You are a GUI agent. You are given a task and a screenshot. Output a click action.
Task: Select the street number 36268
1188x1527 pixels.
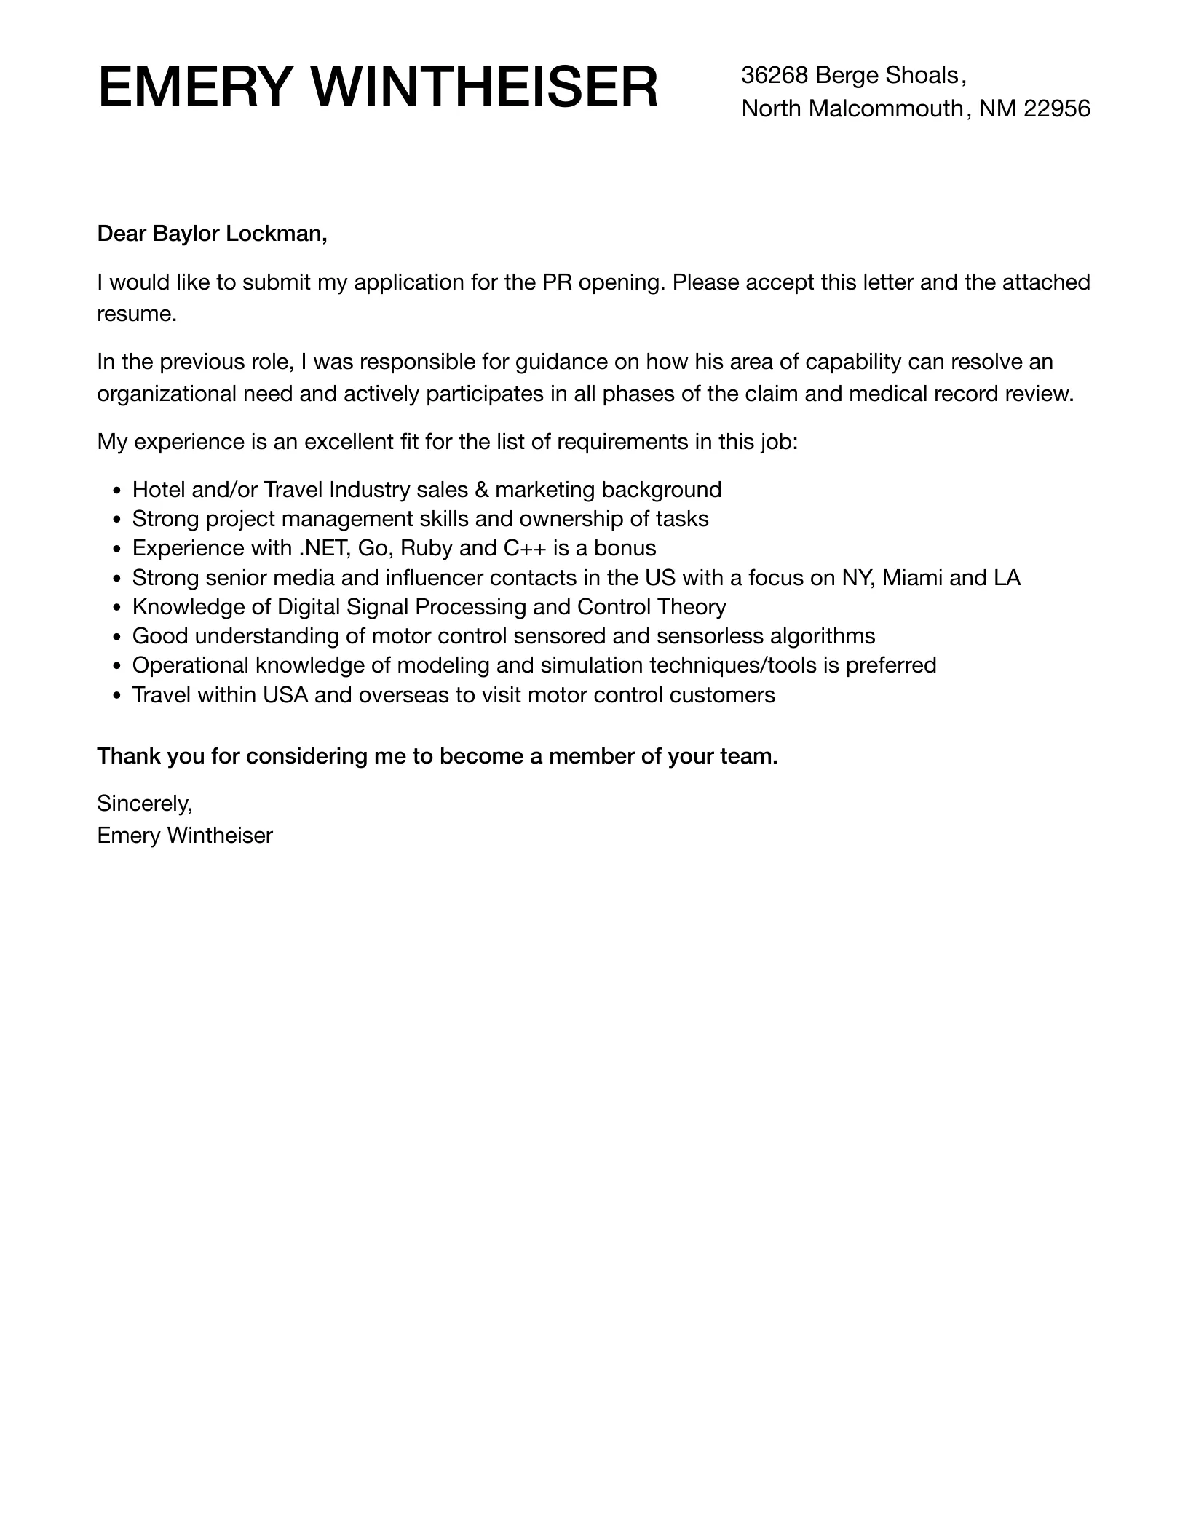(x=775, y=75)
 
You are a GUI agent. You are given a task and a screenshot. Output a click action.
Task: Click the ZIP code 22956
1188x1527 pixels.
(x=1057, y=108)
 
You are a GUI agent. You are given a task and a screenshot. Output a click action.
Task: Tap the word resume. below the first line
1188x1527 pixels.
(x=137, y=314)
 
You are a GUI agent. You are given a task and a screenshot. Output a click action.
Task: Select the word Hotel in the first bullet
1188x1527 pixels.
(x=159, y=490)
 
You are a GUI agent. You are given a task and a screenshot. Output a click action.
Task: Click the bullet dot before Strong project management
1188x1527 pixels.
(x=117, y=520)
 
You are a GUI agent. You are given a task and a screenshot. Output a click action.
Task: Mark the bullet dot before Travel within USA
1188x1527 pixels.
(x=117, y=697)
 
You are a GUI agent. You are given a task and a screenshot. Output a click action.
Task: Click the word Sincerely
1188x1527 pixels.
(x=144, y=804)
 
